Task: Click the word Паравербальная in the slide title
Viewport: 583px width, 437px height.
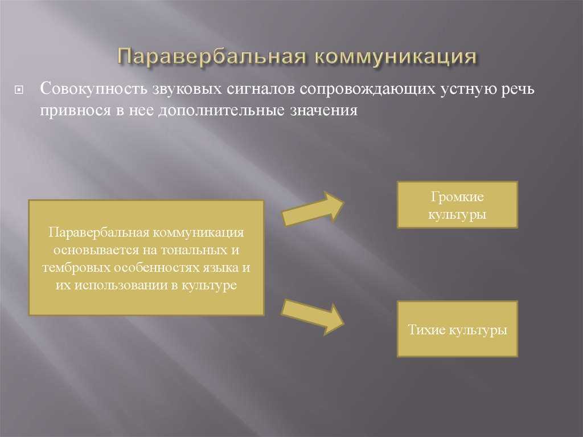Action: pyautogui.click(x=212, y=57)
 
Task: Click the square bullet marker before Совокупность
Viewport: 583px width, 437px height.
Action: pyautogui.click(x=19, y=89)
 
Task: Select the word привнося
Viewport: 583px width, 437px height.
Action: pyautogui.click(x=76, y=111)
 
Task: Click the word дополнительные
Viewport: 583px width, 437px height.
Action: pyautogui.click(x=220, y=111)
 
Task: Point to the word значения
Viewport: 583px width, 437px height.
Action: pyautogui.click(x=323, y=111)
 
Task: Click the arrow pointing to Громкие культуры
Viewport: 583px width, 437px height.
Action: pyautogui.click(x=313, y=209)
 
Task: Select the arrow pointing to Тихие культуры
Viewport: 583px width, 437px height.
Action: pyautogui.click(x=313, y=317)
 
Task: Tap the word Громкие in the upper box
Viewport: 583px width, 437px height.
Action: pyautogui.click(x=457, y=197)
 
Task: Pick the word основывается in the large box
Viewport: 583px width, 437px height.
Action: pyautogui.click(x=95, y=250)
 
